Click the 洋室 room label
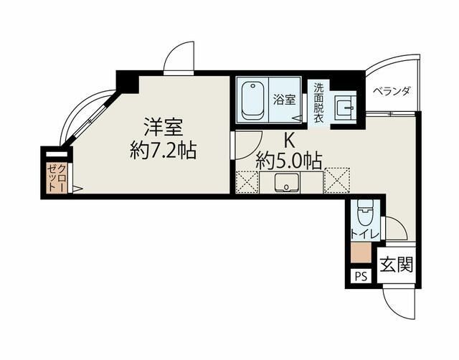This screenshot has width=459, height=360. pyautogui.click(x=163, y=128)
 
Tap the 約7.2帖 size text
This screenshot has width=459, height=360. pyautogui.click(x=163, y=151)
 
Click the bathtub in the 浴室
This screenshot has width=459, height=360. pyautogui.click(x=252, y=101)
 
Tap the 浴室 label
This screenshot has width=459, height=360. pyautogui.click(x=284, y=100)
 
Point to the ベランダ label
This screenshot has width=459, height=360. pyautogui.click(x=392, y=91)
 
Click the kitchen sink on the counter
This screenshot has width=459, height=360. pyautogui.click(x=287, y=182)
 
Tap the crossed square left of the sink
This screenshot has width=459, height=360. pyautogui.click(x=247, y=181)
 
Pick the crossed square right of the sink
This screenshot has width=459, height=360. pyautogui.click(x=336, y=180)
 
